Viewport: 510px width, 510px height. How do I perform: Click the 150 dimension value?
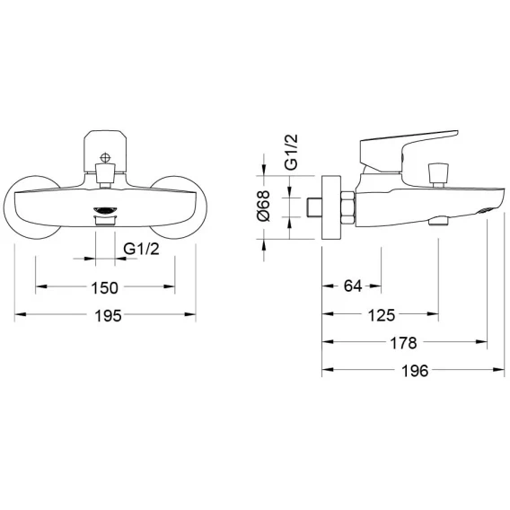click(x=104, y=288)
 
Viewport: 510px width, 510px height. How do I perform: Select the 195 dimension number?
click(x=108, y=316)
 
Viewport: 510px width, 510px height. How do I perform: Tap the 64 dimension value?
click(x=353, y=286)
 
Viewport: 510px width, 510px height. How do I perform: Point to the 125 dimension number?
click(x=382, y=315)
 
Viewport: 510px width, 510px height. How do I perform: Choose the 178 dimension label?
click(x=403, y=343)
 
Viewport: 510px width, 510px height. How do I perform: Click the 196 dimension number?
click(x=415, y=371)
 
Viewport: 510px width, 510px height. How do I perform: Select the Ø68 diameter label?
click(x=263, y=206)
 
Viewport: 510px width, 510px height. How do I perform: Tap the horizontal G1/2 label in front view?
click(x=142, y=249)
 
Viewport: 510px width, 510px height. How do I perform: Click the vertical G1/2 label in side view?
click(x=291, y=152)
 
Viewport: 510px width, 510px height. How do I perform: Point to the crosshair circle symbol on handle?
click(x=105, y=158)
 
